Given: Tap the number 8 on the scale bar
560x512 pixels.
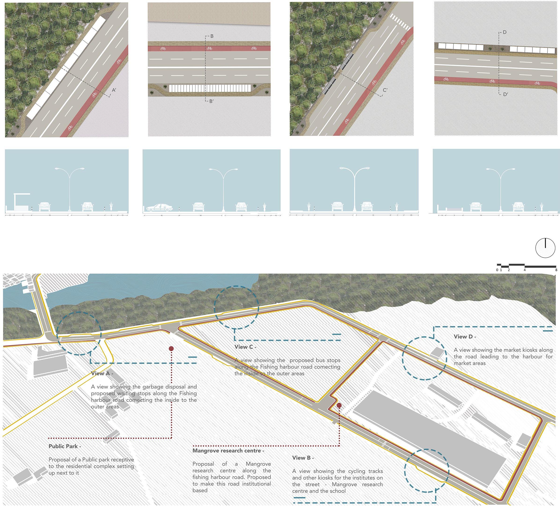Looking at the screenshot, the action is pyautogui.click(x=556, y=270).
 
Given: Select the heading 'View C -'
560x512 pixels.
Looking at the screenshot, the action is pyautogui.click(x=245, y=347).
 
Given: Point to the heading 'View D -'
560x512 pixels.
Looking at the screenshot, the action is pyautogui.click(x=465, y=336).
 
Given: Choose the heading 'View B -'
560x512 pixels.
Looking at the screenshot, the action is pyautogui.click(x=303, y=457).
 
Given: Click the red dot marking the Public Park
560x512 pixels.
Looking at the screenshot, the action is pyautogui.click(x=171, y=348).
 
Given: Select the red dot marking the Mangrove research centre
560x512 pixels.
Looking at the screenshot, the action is pyautogui.click(x=339, y=406).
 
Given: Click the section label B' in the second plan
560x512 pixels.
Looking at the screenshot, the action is pyautogui.click(x=211, y=101).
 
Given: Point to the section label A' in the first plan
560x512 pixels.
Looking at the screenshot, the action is pyautogui.click(x=114, y=90).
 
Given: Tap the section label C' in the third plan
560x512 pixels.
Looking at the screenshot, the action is pyautogui.click(x=385, y=90).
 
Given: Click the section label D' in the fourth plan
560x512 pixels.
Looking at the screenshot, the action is pyautogui.click(x=505, y=94).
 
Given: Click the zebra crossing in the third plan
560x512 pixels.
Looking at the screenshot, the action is pyautogui.click(x=400, y=22).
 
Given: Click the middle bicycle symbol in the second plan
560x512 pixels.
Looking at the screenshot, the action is pyautogui.click(x=209, y=48).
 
